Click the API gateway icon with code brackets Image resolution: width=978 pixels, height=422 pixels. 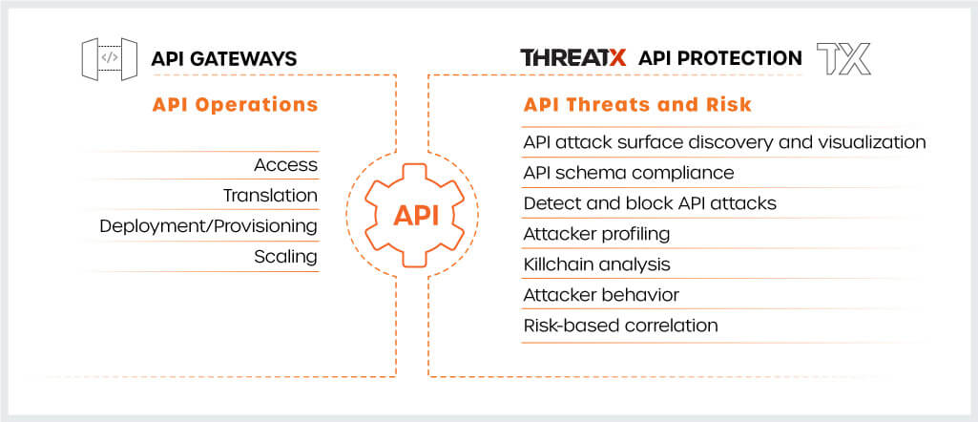110,58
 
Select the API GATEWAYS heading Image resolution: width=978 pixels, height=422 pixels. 224,58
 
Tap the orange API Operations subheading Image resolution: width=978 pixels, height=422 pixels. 235,104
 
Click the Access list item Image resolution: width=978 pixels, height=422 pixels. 285,165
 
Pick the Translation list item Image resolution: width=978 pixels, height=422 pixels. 271,196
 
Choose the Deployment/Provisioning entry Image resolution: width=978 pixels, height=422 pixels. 209,226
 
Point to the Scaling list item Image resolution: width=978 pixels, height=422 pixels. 285,257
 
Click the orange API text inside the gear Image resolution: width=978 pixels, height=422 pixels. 416,216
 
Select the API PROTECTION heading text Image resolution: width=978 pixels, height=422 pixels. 719,58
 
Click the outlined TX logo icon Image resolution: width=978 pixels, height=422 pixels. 843,58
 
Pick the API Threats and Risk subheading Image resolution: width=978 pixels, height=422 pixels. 637,104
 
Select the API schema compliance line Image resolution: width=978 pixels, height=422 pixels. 629,172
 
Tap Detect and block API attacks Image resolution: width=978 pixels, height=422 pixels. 650,202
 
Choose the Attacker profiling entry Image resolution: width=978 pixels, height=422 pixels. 597,234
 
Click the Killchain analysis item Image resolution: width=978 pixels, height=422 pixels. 597,264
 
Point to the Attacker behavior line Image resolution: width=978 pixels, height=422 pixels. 601,295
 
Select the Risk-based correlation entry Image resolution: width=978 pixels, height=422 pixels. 620,326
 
